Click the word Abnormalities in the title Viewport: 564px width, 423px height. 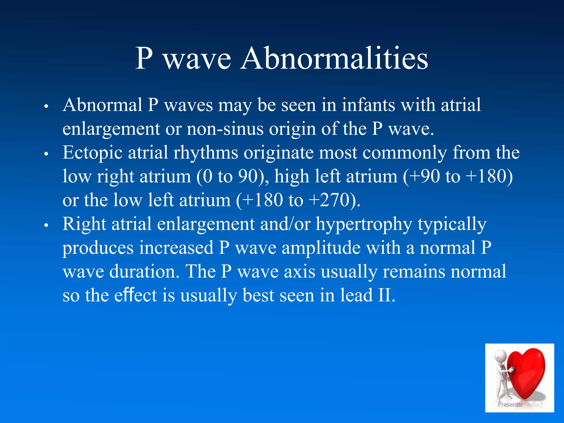[x=334, y=58]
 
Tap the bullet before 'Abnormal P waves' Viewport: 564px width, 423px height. [x=46, y=106]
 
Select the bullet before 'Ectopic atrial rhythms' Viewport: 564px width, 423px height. [x=46, y=154]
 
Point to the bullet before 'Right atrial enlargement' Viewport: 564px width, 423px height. [x=46, y=225]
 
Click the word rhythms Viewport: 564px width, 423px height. [x=206, y=153]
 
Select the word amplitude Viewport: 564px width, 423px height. [x=321, y=248]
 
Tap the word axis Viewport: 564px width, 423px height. [x=300, y=272]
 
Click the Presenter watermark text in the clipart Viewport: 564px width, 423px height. [x=510, y=405]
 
